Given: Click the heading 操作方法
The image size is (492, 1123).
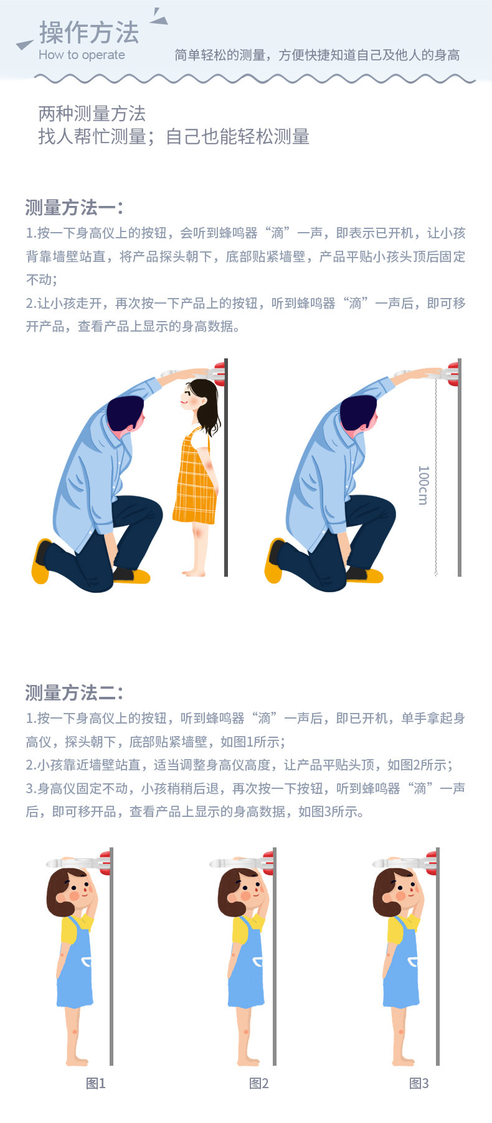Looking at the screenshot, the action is tap(89, 32).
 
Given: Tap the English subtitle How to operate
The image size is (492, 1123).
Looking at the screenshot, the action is tap(82, 55).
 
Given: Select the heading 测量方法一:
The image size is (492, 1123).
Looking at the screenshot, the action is tap(75, 207).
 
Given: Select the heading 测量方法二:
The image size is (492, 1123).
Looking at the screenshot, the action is tap(75, 692).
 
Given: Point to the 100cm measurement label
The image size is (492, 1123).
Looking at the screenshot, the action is tap(423, 485).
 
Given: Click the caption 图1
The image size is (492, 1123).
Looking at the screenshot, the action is tap(95, 1083).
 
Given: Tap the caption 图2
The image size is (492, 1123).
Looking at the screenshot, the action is tap(258, 1083).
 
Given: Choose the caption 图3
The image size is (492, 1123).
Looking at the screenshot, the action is tap(419, 1083).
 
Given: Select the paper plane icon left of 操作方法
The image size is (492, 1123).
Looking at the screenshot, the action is tap(25, 44).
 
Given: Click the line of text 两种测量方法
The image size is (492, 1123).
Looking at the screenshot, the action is tap(92, 114).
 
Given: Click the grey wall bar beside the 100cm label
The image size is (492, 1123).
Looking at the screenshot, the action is tap(460, 467).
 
